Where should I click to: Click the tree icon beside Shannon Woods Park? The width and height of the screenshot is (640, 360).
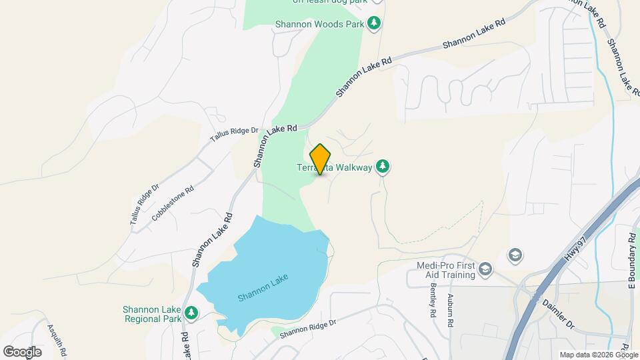pos(375,24)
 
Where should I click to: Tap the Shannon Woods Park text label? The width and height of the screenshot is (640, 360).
pos(319,25)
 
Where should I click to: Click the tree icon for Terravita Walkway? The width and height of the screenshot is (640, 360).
pos(383,166)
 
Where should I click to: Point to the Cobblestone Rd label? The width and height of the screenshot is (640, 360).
pos(173,203)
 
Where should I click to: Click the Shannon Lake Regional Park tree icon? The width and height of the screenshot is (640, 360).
pos(191,312)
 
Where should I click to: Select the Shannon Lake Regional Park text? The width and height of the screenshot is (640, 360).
pos(152,314)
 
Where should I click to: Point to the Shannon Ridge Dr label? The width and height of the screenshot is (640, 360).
pos(309,327)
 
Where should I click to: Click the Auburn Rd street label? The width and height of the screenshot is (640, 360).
pos(451,310)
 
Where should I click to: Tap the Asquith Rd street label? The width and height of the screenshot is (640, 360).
pos(56,339)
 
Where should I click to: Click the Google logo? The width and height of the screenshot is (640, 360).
pos(22,351)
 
